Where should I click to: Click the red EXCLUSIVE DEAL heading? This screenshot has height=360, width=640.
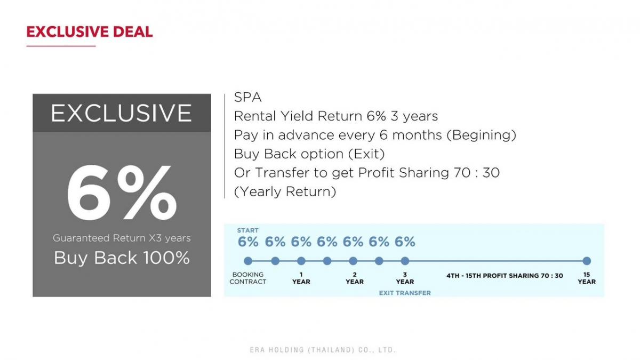(90, 31)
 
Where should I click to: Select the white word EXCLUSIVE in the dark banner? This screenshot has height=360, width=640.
(122, 113)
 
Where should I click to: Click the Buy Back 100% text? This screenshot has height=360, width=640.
(122, 258)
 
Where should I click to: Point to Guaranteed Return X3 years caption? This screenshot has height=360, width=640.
(122, 238)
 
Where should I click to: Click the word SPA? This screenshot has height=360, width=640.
(247, 98)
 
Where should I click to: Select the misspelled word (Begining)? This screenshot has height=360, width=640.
(482, 135)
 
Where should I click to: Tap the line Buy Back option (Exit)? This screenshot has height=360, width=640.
(309, 154)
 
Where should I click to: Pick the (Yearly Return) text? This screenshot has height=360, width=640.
(285, 191)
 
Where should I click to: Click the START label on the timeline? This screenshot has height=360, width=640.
(247, 230)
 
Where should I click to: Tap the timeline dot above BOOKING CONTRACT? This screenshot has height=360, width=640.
(248, 261)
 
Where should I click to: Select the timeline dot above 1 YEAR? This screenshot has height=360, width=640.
(301, 261)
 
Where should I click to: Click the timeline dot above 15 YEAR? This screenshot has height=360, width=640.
(587, 261)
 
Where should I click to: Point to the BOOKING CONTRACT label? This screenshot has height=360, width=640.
(247, 278)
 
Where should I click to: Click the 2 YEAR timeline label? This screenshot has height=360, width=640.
(355, 278)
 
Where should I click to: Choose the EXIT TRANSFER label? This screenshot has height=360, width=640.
(405, 293)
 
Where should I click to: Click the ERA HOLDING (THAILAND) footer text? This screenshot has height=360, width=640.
(323, 350)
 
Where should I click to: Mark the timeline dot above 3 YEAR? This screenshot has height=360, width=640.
(405, 261)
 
